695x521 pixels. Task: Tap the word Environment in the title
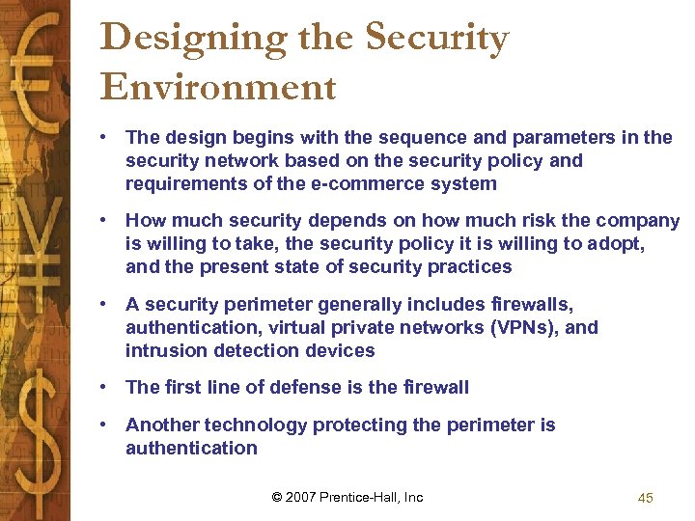[218, 87]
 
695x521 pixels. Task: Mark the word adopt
[614, 244]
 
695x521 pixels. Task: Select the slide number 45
[646, 498]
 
